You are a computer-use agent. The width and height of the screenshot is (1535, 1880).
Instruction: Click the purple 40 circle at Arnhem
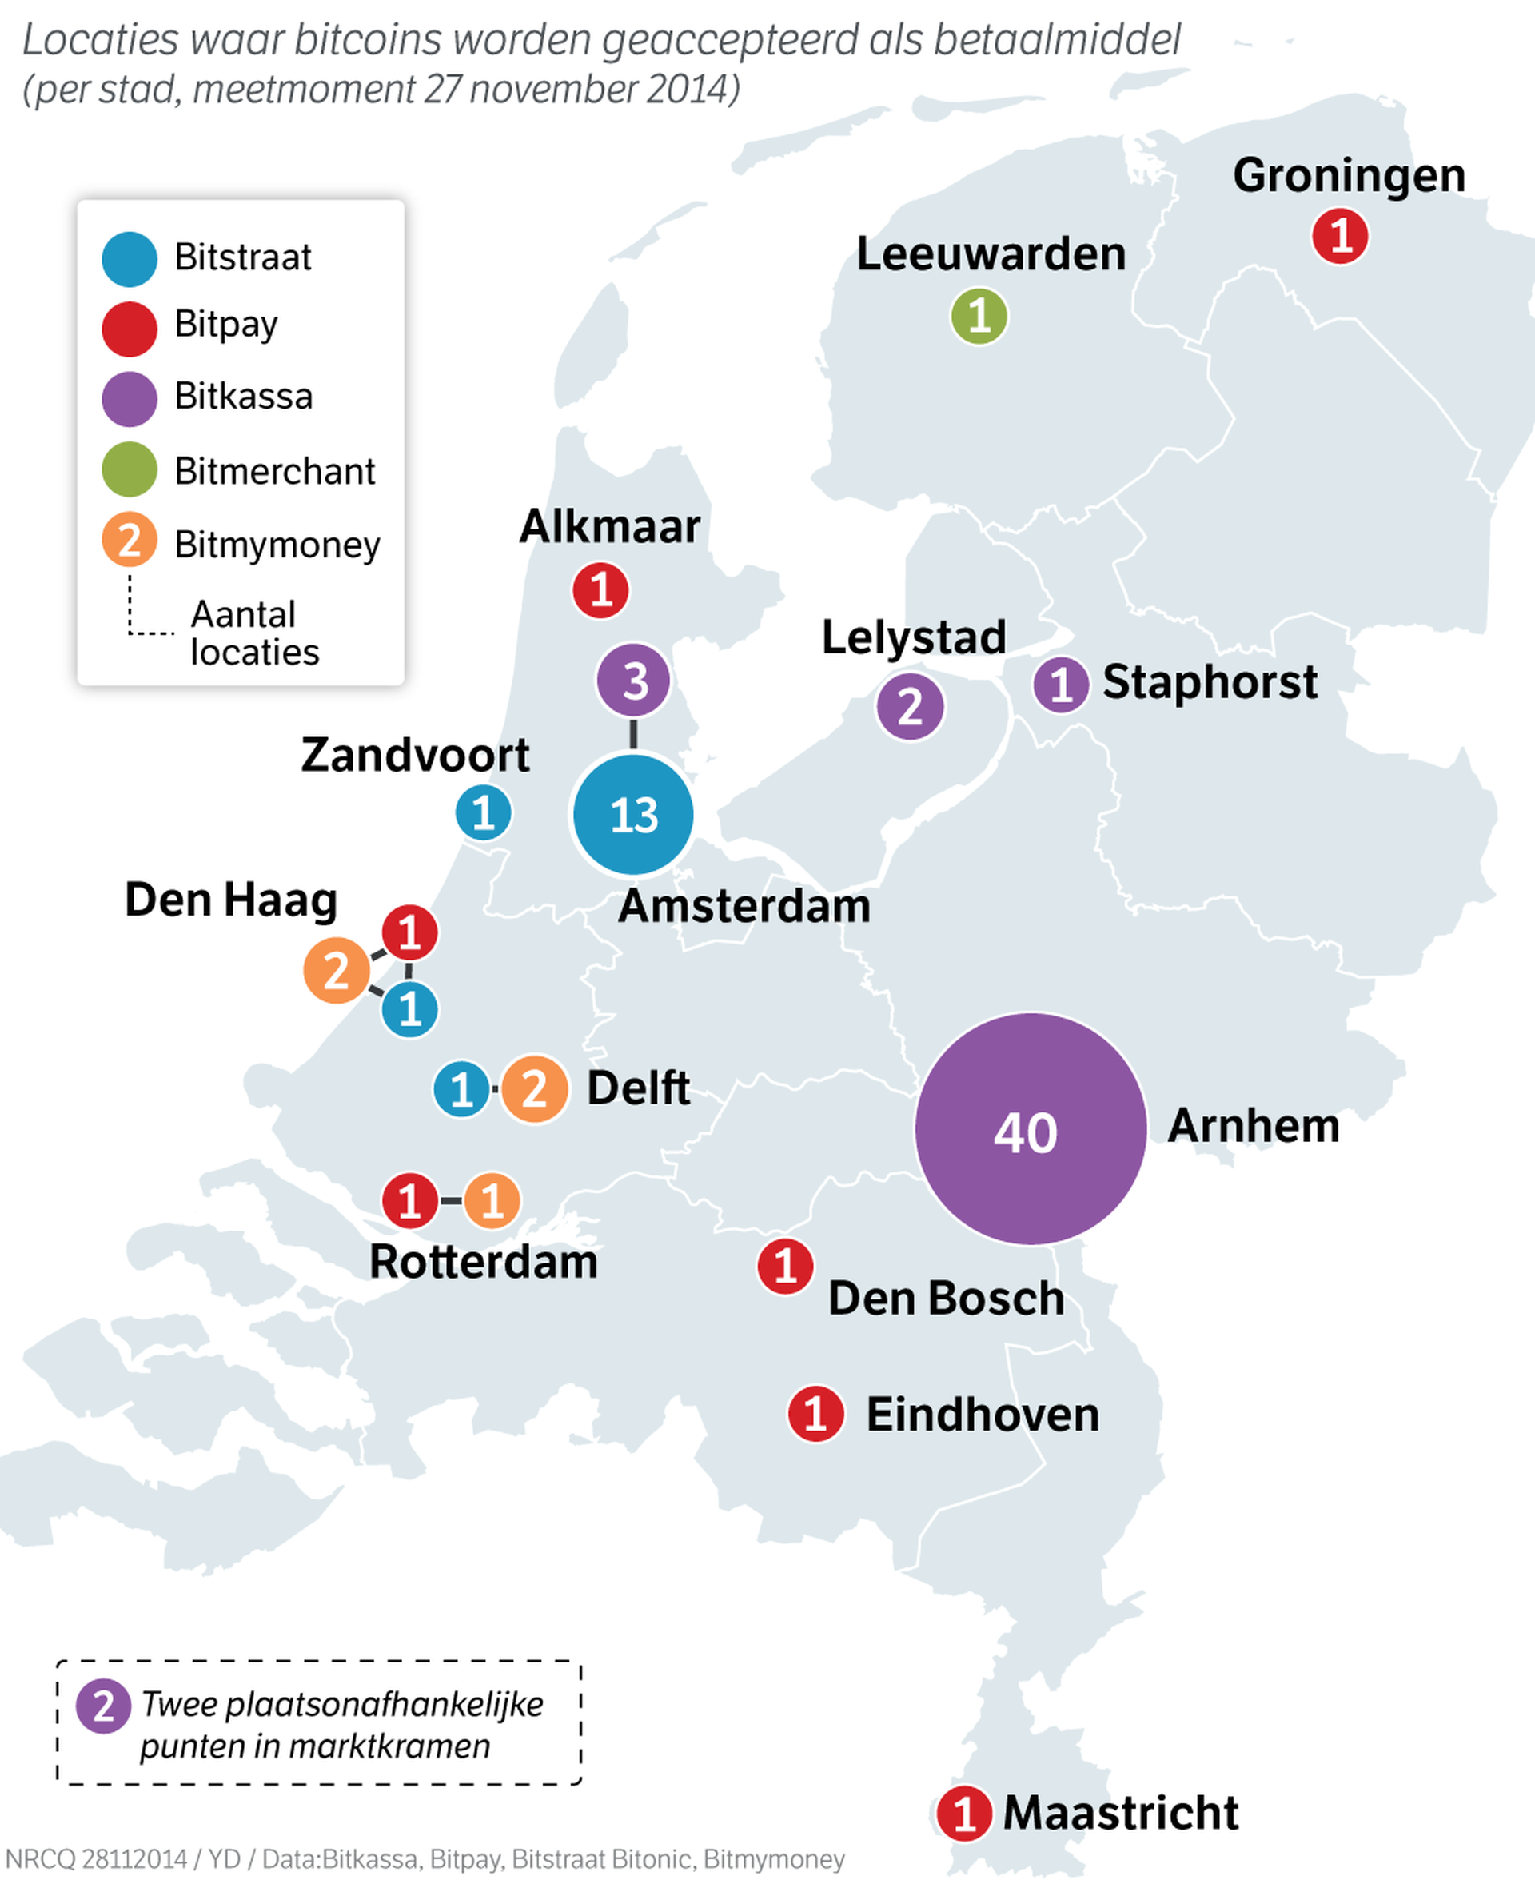(1030, 1129)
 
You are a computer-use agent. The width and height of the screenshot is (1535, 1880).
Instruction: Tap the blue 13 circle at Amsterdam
(632, 814)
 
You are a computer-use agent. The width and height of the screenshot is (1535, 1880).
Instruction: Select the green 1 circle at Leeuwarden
(979, 317)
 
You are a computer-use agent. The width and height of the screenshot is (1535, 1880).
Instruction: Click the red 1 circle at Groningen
(1340, 236)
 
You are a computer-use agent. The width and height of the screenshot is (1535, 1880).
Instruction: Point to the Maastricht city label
(1120, 1813)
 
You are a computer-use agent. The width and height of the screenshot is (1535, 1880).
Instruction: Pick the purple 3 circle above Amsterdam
(633, 681)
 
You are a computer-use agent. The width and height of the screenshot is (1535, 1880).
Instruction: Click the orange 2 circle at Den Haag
(336, 971)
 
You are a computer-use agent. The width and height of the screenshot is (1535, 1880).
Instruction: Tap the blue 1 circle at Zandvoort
(483, 812)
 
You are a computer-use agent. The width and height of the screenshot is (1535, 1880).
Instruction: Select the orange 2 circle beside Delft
(534, 1088)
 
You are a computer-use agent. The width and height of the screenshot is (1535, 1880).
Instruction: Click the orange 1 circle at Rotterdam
(492, 1201)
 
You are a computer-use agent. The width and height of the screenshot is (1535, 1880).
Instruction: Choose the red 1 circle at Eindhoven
(815, 1414)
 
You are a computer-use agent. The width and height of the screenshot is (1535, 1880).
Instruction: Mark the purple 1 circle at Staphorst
(1060, 685)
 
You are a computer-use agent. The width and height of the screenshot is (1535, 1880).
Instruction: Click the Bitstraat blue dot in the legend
(129, 259)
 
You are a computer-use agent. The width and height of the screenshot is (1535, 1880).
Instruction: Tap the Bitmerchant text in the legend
(275, 471)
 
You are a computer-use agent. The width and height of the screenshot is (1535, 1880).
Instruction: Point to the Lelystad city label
(913, 637)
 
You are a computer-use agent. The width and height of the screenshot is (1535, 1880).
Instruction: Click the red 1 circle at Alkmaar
(600, 590)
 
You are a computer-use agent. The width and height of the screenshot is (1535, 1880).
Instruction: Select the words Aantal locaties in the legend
(253, 633)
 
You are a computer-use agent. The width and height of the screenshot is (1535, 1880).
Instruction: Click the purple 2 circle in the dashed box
(103, 1706)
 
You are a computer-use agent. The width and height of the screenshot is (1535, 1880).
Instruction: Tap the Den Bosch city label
(946, 1298)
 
